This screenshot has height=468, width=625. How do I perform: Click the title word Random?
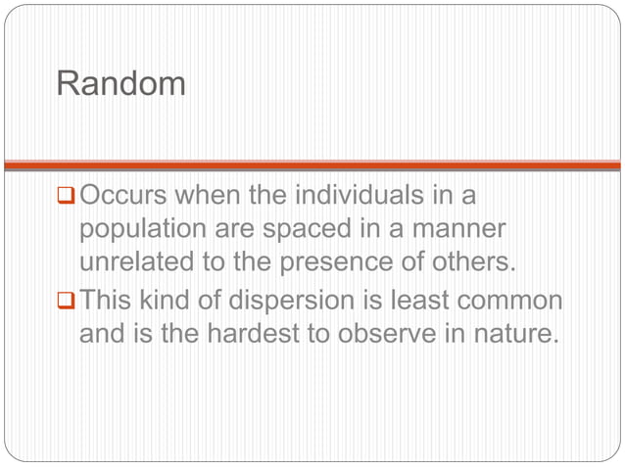click(121, 83)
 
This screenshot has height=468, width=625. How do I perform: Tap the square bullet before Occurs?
click(67, 198)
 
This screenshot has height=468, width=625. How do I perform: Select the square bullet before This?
click(67, 302)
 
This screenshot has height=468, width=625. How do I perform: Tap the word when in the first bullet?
click(210, 196)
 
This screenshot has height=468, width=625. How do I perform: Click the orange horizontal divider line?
click(312, 165)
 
